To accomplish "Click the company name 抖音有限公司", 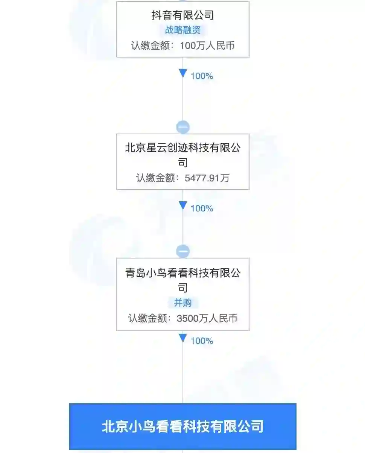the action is (182, 15).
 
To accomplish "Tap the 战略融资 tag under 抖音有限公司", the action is (182, 30).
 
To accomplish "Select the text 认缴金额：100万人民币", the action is (182, 46).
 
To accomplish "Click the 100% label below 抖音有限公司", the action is (202, 76).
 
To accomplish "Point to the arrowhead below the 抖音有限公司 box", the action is (183, 73).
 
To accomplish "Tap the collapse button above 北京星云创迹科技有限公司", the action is (183, 128).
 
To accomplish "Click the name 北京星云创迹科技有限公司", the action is (182, 154).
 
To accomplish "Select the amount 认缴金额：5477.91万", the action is (182, 178).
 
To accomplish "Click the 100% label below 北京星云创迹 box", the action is (202, 208).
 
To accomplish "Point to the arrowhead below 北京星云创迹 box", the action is (183, 205).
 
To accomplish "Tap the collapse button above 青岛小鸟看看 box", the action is (183, 251).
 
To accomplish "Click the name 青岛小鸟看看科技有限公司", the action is (182, 280).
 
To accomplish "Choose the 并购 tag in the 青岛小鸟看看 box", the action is (182, 303).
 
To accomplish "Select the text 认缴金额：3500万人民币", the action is (182, 318).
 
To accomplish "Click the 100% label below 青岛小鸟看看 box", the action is (202, 341).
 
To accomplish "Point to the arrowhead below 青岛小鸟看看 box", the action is (183, 338).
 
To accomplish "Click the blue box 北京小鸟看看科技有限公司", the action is (182, 427).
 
